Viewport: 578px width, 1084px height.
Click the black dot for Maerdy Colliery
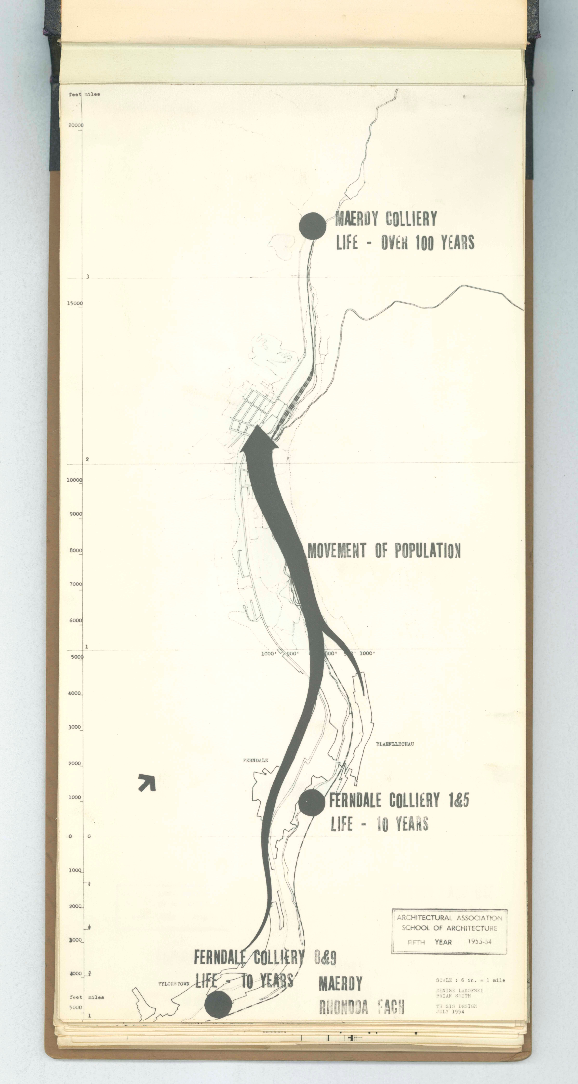point(312,226)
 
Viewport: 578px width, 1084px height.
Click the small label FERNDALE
point(255,760)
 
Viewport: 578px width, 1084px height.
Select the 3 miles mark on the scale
point(88,276)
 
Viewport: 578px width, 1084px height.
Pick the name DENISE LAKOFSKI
point(459,991)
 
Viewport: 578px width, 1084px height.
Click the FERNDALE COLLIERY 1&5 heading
point(399,800)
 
